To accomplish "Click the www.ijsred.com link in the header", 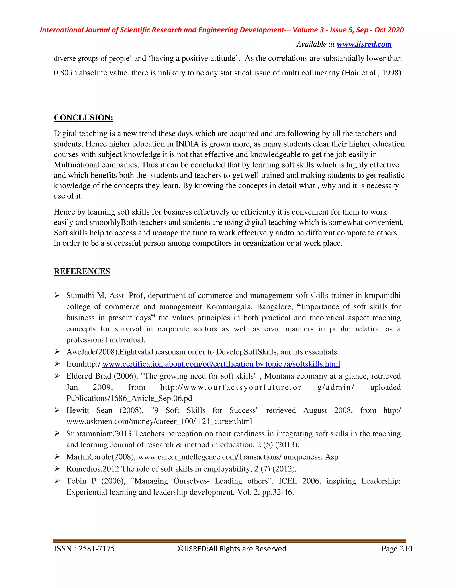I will (x=364, y=44).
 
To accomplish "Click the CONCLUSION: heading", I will (x=83, y=118).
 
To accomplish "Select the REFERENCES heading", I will (x=82, y=271).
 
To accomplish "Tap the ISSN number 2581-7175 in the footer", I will (x=96, y=549).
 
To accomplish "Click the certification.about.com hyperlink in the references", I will (x=221, y=364).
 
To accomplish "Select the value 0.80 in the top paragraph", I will (x=61, y=73).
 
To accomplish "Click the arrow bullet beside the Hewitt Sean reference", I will (x=57, y=410).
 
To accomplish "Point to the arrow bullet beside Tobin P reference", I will (x=57, y=481).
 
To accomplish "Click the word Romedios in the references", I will (x=84, y=469).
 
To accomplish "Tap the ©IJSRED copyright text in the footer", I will (x=232, y=549).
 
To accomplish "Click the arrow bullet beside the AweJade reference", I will (x=57, y=352).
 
